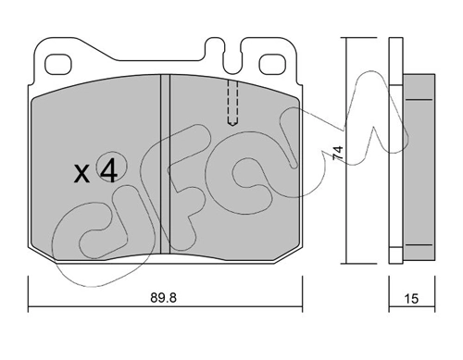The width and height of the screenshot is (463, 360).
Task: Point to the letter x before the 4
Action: pyautogui.click(x=81, y=172)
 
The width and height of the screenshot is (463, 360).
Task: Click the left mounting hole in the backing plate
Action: pyautogui.click(x=59, y=65)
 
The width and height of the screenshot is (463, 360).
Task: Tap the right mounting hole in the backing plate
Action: pyautogui.click(x=275, y=65)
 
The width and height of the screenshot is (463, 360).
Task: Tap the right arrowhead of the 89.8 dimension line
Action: pyautogui.click(x=301, y=305)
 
